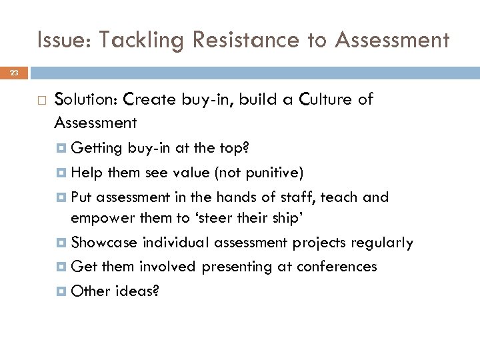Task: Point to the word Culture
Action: coord(321,100)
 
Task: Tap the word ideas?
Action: coord(136,291)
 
